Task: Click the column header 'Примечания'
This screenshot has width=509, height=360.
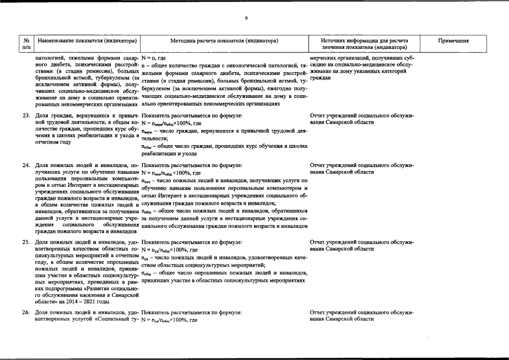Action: point(453,41)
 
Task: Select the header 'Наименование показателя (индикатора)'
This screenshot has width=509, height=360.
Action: point(86,41)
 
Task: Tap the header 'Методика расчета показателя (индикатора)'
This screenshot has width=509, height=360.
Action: point(224,41)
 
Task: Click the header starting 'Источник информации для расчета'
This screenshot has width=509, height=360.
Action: point(363,41)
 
